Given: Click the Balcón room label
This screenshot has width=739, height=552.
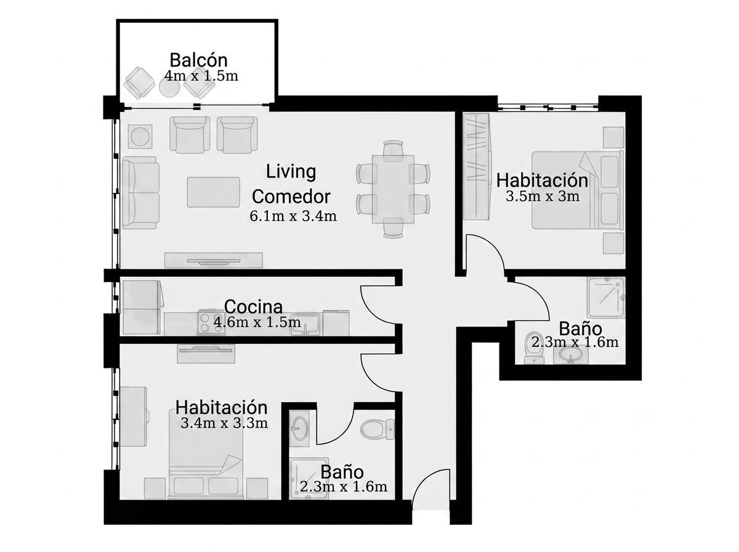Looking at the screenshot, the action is (x=198, y=60).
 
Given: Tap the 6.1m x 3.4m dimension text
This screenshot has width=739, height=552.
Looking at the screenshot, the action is (x=293, y=216).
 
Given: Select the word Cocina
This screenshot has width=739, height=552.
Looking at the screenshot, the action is (x=253, y=307).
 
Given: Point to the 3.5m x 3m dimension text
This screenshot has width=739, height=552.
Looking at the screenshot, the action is (x=543, y=197).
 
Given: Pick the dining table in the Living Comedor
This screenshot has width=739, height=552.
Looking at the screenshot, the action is (x=393, y=189).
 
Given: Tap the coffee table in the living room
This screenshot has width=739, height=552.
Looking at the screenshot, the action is (x=214, y=192).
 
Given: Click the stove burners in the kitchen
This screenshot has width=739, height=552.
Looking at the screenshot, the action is (x=211, y=322).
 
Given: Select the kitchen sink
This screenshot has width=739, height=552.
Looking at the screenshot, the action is (x=305, y=324).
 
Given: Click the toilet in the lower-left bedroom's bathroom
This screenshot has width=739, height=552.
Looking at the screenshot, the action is (x=378, y=429).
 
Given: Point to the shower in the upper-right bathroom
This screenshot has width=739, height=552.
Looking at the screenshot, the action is (x=606, y=298).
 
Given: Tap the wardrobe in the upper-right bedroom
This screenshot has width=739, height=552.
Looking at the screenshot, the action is (x=477, y=166).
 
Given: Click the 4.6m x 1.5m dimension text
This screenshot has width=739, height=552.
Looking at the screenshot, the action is (x=257, y=323).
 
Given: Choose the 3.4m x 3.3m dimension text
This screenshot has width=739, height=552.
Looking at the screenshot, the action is (x=224, y=423).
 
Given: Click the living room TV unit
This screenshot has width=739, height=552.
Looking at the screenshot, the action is (x=214, y=260).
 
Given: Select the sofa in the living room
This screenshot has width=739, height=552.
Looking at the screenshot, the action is (x=140, y=193).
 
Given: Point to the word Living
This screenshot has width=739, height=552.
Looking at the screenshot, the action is (x=291, y=171).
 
